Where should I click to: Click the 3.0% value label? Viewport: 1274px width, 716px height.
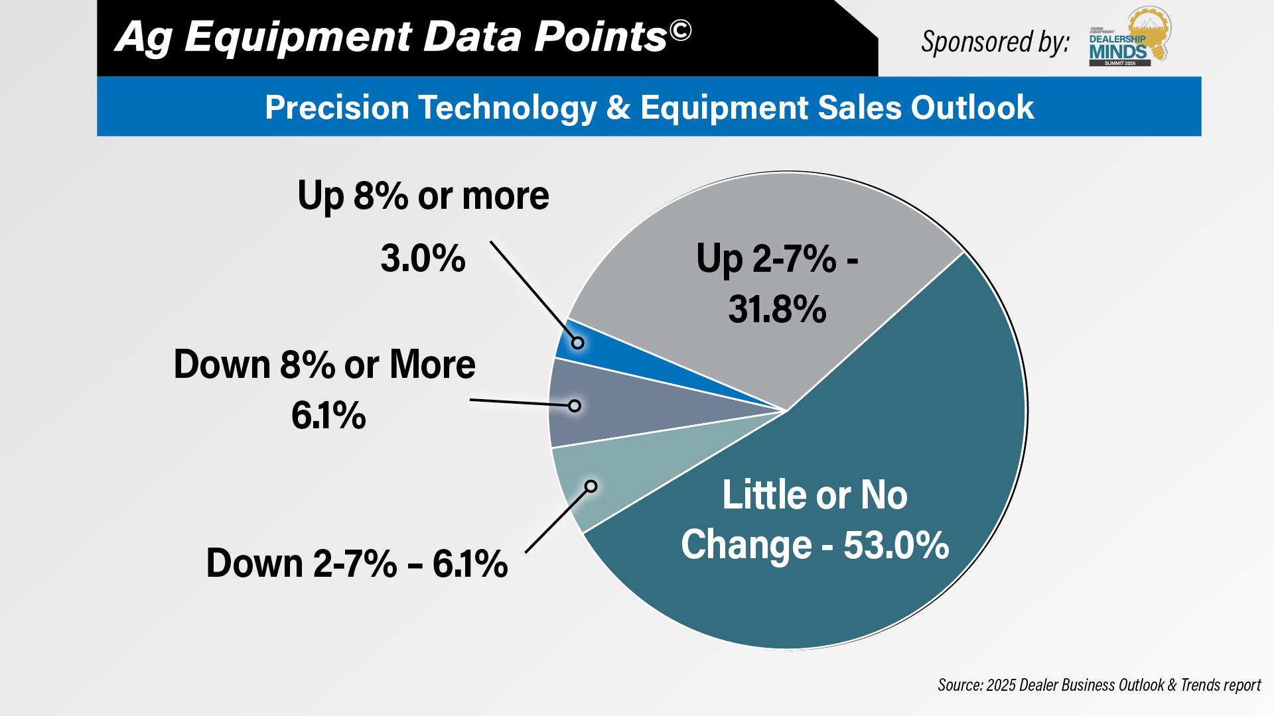(423, 259)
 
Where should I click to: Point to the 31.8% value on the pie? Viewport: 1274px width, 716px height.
(777, 310)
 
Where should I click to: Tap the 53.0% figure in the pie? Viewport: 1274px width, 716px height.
(896, 545)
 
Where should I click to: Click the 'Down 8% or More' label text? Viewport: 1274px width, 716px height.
(324, 365)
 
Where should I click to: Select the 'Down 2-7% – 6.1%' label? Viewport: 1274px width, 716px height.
(357, 564)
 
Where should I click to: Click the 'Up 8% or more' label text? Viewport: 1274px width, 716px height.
(423, 196)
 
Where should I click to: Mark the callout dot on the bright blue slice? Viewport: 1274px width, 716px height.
(578, 343)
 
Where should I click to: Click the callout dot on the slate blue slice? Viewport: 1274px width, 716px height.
(575, 406)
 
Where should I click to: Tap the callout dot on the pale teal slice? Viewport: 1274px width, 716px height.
(591, 487)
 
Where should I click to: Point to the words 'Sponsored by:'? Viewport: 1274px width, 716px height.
(995, 42)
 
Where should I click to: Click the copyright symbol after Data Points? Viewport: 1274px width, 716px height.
(680, 30)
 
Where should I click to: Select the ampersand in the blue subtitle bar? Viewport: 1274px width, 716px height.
(618, 107)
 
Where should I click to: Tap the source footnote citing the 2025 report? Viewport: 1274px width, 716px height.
(1099, 685)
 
